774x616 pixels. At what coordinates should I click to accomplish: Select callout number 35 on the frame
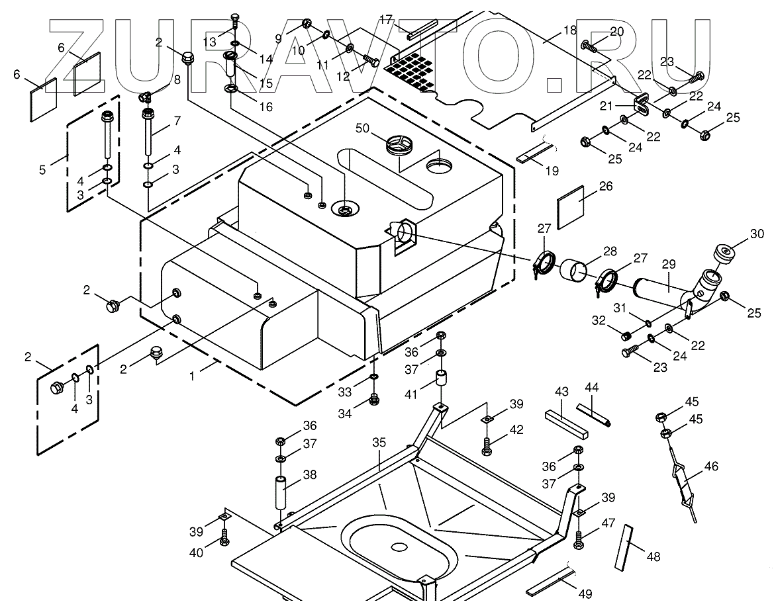pos(379,443)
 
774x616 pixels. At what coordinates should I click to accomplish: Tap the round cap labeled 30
pos(726,254)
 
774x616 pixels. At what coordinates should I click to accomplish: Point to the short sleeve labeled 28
pos(574,271)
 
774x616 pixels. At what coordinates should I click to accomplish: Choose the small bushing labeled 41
pos(440,382)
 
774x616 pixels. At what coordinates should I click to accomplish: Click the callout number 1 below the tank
pos(193,375)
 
